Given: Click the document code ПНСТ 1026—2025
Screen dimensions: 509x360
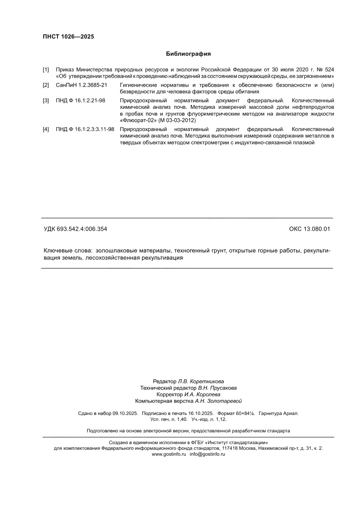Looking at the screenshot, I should pyautogui.click(x=68, y=37).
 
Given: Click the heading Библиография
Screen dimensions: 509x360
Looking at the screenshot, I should pyautogui.click(x=188, y=54).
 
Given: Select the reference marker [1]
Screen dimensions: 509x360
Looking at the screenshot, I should pyautogui.click(x=46, y=70).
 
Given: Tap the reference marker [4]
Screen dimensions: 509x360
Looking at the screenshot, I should pyautogui.click(x=46, y=129).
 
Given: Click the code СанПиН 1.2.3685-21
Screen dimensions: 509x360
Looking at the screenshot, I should pyautogui.click(x=81, y=84).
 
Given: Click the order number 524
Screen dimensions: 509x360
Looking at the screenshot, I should pyautogui.click(x=329, y=70).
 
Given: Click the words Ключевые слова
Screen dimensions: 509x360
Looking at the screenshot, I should pyautogui.click(x=67, y=251).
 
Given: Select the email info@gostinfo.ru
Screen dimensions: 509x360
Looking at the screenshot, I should pyautogui.click(x=207, y=454).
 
